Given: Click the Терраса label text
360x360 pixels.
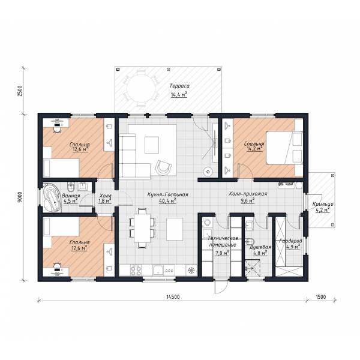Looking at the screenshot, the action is point(179,86).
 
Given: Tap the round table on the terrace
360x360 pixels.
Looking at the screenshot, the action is point(141,88).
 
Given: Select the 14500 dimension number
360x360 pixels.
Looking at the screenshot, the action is point(173,297).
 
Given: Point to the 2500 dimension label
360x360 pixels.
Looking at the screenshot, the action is point(20,91).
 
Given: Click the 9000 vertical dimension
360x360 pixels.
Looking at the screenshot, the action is point(20,197).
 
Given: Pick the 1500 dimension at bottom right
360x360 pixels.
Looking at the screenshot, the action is point(321,297).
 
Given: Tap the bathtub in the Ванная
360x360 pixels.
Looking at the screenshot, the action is point(52,197).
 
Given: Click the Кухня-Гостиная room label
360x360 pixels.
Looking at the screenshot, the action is point(167,194).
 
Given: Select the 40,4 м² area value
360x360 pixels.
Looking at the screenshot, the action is point(167,201).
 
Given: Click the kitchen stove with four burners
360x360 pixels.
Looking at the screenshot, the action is point(136,270).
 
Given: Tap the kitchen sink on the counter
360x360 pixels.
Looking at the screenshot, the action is point(158,270).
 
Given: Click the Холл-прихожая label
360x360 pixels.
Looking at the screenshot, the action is point(248,194).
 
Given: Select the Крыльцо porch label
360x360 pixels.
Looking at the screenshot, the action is point(323,204).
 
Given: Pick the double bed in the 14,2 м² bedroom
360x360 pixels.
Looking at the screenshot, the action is point(284,148).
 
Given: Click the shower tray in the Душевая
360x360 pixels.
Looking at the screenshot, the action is point(253,268).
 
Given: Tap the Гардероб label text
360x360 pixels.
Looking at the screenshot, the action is point(290,241).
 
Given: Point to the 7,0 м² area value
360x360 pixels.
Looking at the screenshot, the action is point(222,253).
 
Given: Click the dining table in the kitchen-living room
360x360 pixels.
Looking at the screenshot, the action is point(142,228).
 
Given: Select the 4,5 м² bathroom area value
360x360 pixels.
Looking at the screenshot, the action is point(70,201).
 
